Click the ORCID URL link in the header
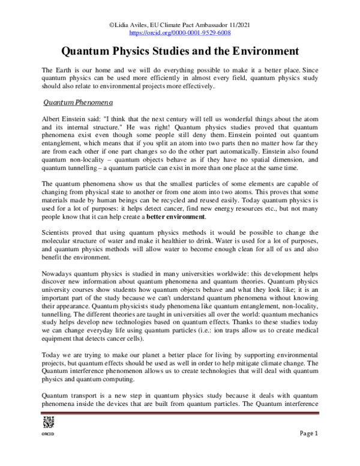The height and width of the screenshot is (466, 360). pyautogui.click(x=180, y=33)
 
